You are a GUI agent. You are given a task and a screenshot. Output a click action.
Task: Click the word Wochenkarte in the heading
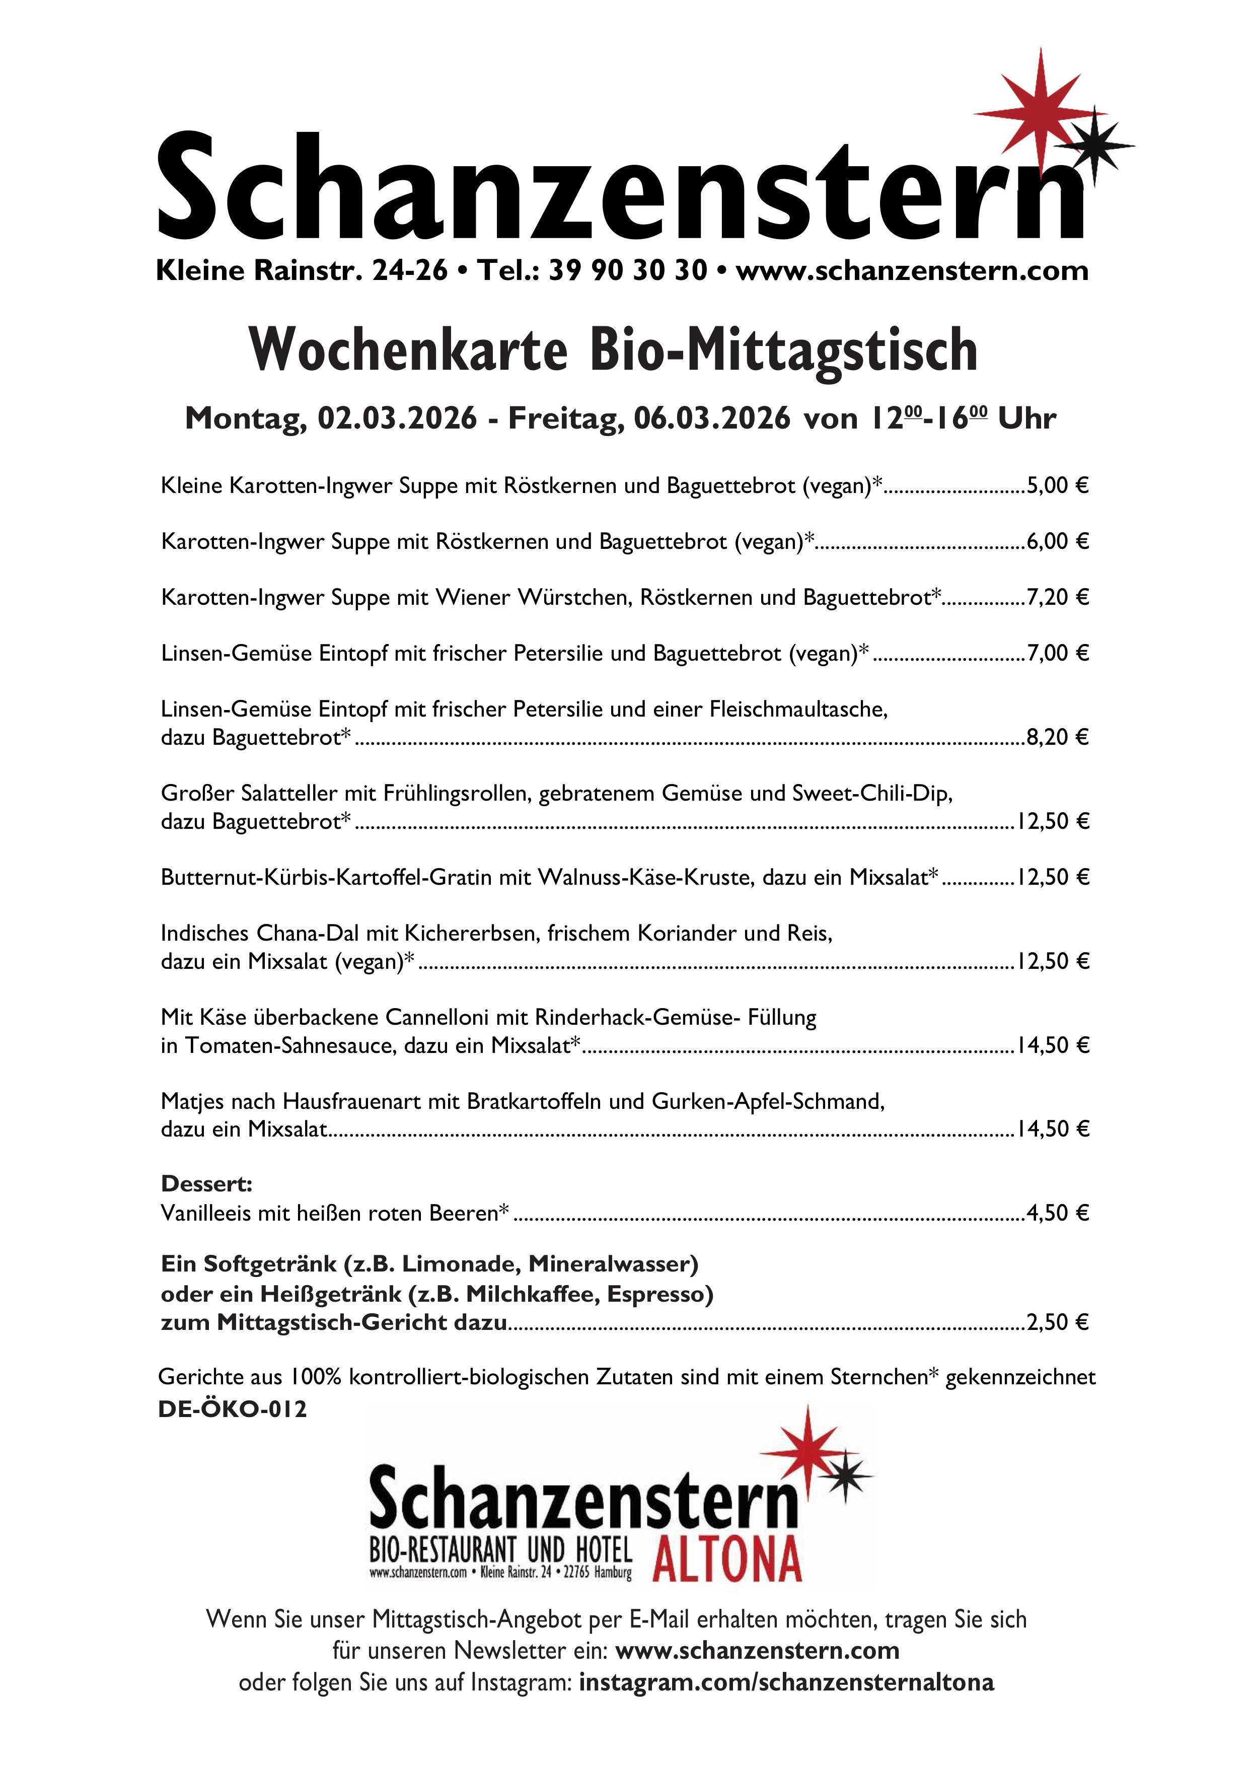409,351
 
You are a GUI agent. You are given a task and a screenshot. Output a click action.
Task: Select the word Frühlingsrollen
451,794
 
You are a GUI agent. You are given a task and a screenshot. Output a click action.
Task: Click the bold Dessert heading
206,1184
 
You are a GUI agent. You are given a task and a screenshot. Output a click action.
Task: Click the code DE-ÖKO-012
233,1409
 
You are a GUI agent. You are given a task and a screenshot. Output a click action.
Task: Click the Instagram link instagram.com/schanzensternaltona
786,1682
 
